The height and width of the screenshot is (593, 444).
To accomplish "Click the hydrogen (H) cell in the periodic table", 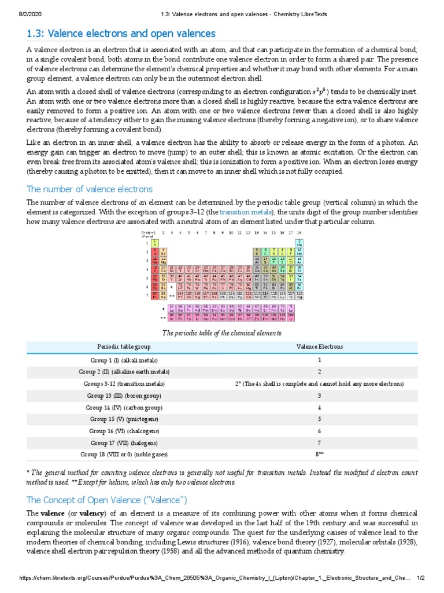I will [155, 243].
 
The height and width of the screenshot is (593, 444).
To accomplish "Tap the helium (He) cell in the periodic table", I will [299, 243].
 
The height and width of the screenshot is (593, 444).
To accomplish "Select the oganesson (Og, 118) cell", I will [299, 295].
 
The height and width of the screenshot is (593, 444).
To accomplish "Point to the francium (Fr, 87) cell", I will [155, 295].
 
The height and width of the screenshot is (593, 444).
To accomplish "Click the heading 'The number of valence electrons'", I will [90, 189].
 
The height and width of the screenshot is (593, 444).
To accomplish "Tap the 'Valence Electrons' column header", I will [319, 346].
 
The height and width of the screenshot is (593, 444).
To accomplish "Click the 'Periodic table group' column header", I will [124, 346].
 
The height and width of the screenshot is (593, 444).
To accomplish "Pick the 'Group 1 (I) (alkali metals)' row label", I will [124, 360].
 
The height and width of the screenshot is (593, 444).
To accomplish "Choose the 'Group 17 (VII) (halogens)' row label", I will [124, 443].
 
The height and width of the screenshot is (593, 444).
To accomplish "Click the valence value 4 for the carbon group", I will [319, 408].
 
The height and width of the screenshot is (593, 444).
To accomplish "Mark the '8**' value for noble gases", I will [319, 455].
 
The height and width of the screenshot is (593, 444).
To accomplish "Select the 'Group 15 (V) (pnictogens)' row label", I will [124, 419].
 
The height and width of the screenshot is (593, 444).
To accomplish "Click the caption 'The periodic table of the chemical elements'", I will [222, 333].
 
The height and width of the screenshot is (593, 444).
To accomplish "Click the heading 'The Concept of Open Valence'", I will [107, 500].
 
